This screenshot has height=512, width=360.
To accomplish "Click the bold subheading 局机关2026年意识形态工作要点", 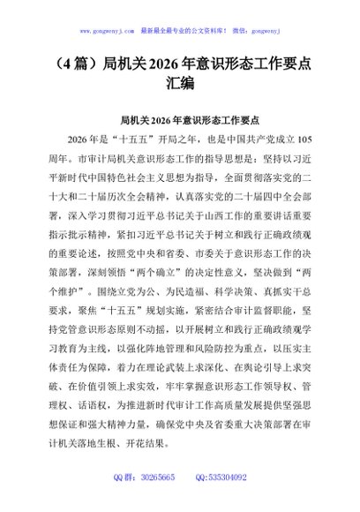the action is [180, 120].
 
